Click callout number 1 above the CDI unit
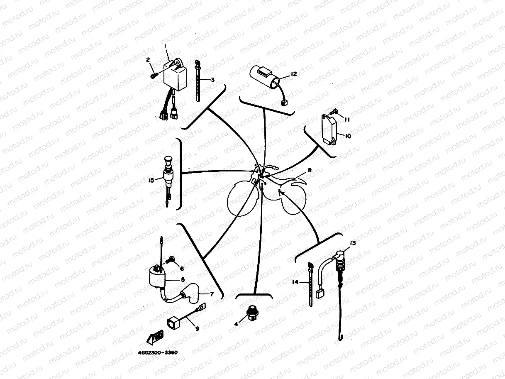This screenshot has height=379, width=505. click(x=165, y=46)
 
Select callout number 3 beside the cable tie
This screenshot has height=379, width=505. click(x=212, y=80)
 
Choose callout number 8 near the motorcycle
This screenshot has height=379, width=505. click(x=310, y=170)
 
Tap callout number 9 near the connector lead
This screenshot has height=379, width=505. click(x=197, y=328)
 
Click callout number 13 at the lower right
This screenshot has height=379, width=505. click(x=353, y=242)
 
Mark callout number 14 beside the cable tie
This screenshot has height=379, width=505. click(x=295, y=282)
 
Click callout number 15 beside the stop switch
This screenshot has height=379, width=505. click(x=151, y=180)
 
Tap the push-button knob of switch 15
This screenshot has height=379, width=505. click(x=168, y=159)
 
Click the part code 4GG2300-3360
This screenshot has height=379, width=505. click(x=158, y=353)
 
